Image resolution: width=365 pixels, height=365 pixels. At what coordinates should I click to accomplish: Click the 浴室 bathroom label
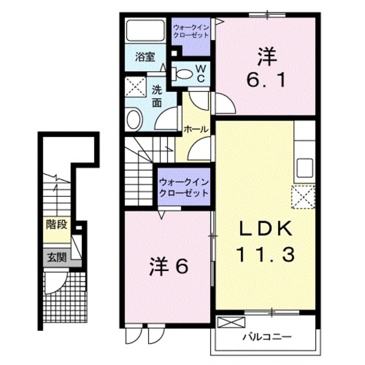click(x=145, y=57)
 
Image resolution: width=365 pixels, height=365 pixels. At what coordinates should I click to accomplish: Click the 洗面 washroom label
click(x=157, y=96)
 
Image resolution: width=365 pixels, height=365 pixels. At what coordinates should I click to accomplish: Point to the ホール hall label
click(x=196, y=129)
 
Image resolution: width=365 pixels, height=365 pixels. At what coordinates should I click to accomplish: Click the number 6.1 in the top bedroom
click(x=267, y=80)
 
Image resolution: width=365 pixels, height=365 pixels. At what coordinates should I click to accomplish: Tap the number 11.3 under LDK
click(x=266, y=253)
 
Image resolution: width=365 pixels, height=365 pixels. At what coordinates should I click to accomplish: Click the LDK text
click(x=266, y=229)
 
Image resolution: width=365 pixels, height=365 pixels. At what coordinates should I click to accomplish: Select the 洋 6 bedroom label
click(x=170, y=266)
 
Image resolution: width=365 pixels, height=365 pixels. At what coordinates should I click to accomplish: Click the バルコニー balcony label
click(x=267, y=337)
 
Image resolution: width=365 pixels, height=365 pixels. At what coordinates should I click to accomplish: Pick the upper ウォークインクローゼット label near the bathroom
click(x=191, y=30)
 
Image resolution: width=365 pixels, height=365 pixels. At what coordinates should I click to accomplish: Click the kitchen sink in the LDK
click(x=303, y=168)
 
